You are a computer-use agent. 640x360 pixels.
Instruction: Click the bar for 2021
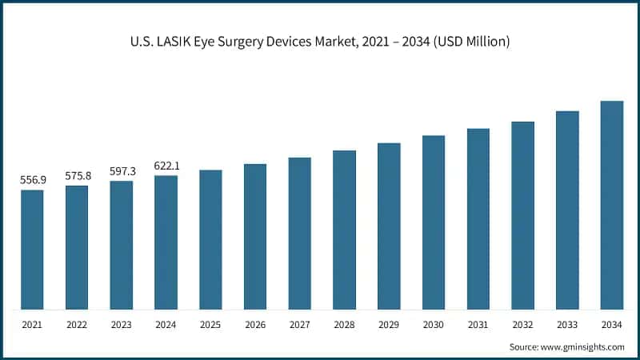[x=32, y=250]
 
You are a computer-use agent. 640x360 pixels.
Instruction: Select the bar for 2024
[x=166, y=242]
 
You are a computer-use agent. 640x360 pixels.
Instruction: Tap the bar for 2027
[x=299, y=233]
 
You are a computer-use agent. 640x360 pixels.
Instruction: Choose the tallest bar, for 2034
[x=612, y=205]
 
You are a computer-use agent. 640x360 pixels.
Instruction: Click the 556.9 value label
[x=32, y=181]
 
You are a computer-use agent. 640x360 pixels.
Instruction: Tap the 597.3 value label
[x=122, y=171]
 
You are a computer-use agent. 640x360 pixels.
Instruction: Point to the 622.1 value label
[x=166, y=166]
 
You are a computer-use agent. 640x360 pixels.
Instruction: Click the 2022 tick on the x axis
[x=77, y=324]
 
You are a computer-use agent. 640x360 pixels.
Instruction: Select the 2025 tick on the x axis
[x=210, y=324]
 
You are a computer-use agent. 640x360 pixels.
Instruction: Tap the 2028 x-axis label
[x=344, y=324]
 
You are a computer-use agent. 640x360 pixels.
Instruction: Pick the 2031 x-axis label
[x=478, y=324]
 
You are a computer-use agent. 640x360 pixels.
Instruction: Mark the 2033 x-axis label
[x=567, y=324]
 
